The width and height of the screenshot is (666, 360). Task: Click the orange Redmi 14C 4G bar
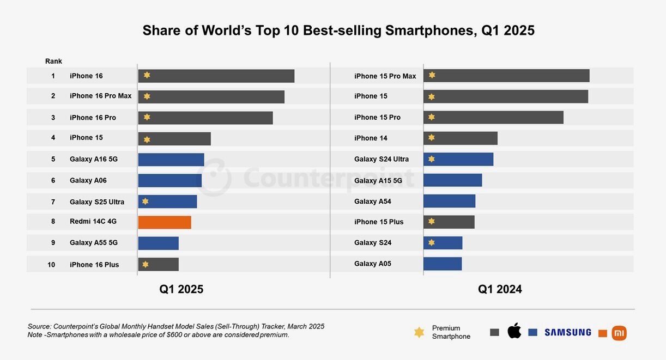(165, 222)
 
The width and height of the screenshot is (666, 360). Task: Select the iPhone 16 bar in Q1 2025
(216, 76)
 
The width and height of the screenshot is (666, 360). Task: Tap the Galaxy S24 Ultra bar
(458, 159)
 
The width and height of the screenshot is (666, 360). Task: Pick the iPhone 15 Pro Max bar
(506, 76)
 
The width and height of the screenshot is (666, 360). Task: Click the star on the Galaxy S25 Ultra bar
(145, 201)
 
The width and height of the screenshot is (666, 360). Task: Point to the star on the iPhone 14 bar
(432, 138)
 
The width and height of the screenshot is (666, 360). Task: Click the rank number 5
(53, 159)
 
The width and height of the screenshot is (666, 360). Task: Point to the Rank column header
(53, 61)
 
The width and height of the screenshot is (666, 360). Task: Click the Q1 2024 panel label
(500, 289)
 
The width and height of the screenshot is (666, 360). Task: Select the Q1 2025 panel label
(181, 289)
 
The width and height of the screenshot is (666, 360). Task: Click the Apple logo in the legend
(514, 331)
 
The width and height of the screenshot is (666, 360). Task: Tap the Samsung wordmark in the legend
(567, 332)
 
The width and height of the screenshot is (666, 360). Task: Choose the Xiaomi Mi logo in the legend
(619, 333)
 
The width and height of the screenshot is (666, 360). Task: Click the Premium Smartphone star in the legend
(419, 332)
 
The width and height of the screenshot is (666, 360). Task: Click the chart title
(338, 30)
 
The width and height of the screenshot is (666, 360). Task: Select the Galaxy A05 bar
(443, 264)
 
